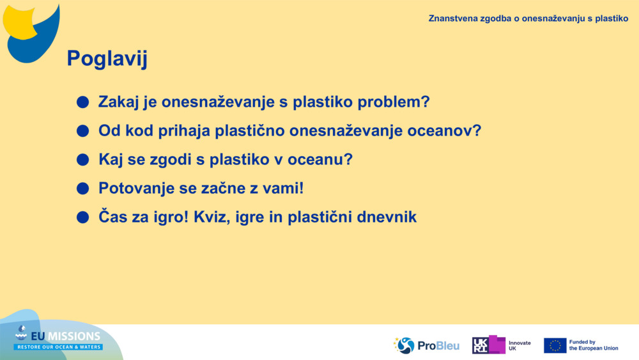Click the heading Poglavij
tap(107, 59)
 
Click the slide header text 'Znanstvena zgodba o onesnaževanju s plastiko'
tap(528, 19)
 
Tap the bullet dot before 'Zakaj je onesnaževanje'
tap(82, 102)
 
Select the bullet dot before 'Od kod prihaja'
tap(82, 131)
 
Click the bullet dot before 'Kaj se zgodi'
tap(82, 160)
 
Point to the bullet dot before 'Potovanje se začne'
tap(82, 189)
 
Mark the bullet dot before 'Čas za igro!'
tap(82, 217)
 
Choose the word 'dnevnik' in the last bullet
tap(386, 217)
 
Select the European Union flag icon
tap(555, 345)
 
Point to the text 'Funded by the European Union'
tap(594, 345)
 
